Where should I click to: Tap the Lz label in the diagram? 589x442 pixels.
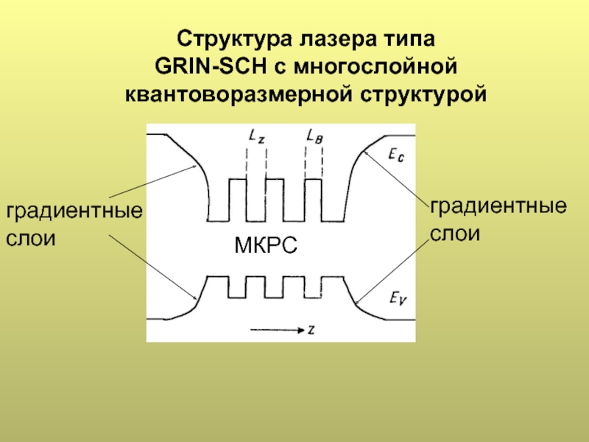[x=255, y=136]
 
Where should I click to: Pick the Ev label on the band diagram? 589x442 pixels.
[x=395, y=298]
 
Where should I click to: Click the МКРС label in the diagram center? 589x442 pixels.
[x=266, y=245]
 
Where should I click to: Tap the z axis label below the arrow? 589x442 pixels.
[x=312, y=331]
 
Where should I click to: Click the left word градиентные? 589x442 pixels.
[x=74, y=212]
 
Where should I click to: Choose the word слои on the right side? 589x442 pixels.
[x=455, y=234]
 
